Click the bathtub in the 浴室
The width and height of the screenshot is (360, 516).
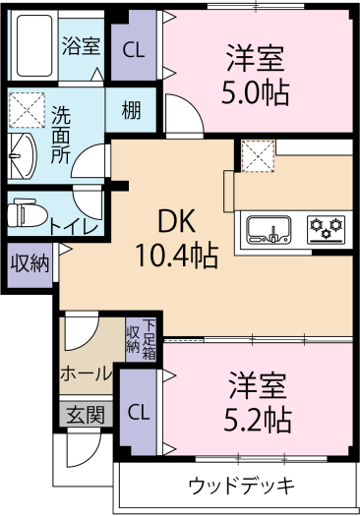[34, 45]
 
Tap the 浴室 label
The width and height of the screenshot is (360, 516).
[81, 45]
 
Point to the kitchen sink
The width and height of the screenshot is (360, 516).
[270, 229]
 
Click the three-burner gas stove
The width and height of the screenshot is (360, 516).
[327, 230]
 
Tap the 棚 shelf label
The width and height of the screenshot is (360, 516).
[131, 110]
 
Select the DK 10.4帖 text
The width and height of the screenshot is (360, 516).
[177, 238]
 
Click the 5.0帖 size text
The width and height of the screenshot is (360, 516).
[256, 92]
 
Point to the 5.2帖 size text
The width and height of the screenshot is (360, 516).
[258, 420]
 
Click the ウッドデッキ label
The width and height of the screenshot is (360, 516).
[241, 486]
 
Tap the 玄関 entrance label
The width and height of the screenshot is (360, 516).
[86, 415]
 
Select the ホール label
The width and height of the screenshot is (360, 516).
[86, 374]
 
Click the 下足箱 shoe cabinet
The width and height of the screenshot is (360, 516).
[149, 340]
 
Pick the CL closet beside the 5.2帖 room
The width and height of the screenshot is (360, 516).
[139, 412]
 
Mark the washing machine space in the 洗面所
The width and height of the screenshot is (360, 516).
[27, 110]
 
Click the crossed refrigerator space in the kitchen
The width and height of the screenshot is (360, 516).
[258, 155]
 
